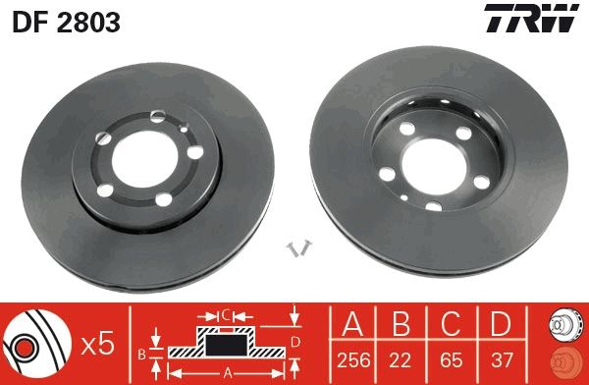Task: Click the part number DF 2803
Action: tap(66, 22)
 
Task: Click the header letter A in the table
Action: tap(354, 323)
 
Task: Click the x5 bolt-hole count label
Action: tap(99, 344)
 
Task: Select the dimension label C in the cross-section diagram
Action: tap(225, 315)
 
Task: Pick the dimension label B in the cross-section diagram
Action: tap(140, 352)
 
